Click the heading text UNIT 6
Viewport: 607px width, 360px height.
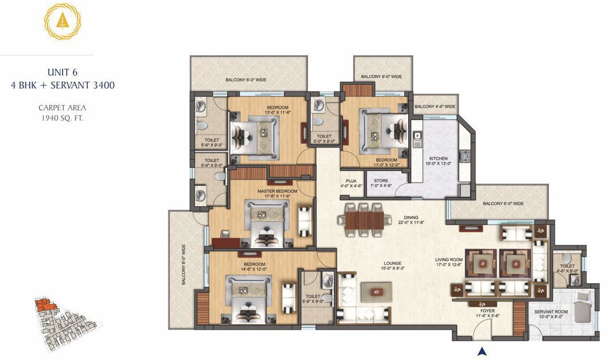tap(62, 72)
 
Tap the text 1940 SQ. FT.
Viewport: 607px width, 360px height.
tap(62, 118)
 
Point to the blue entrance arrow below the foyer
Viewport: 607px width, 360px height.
tap(481, 351)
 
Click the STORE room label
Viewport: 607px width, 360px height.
tap(381, 181)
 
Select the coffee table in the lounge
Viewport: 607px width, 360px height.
tap(376, 292)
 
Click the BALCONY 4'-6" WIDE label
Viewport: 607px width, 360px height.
tap(435, 107)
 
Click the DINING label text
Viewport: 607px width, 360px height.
tap(411, 217)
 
